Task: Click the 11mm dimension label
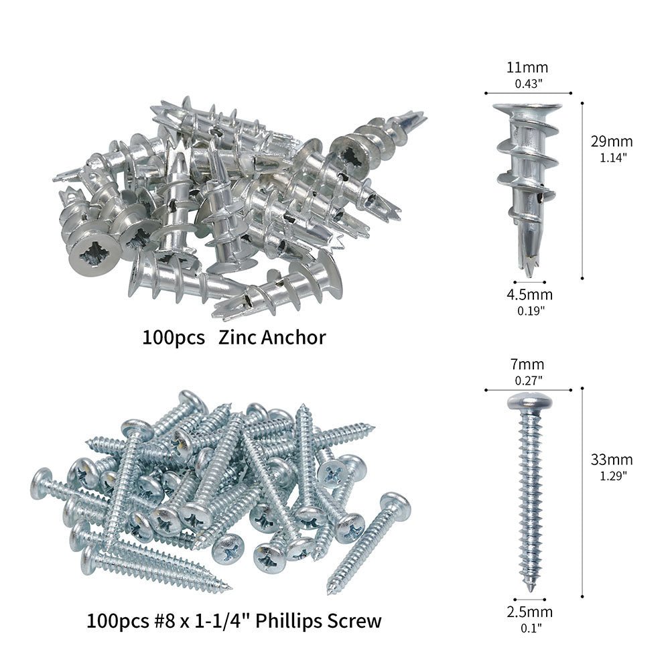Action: [527, 67]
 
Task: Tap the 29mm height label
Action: [612, 141]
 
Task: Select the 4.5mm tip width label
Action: [530, 294]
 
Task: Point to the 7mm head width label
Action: [527, 364]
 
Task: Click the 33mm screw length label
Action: [612, 460]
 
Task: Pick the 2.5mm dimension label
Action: [530, 612]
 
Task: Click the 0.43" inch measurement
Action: [528, 83]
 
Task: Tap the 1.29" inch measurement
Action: [613, 476]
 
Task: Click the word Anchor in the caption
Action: [293, 337]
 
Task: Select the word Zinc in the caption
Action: [237, 337]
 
